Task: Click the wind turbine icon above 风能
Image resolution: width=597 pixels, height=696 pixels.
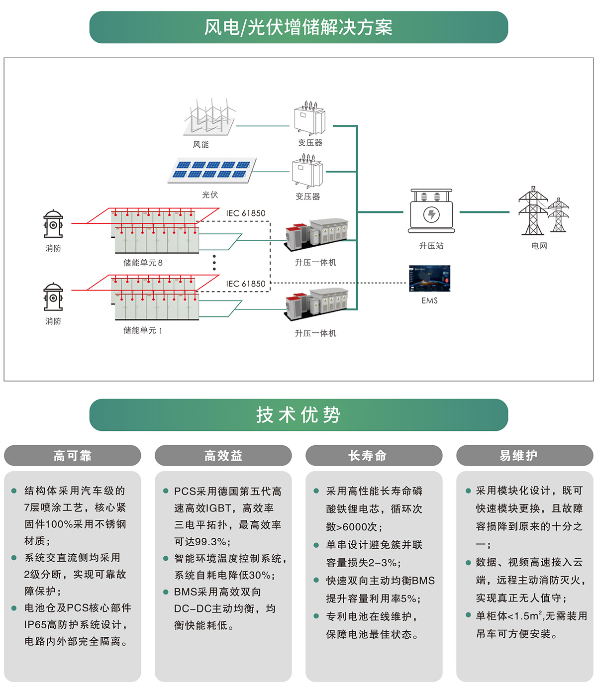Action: (210, 117)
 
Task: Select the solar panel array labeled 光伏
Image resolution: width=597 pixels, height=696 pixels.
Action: (212, 170)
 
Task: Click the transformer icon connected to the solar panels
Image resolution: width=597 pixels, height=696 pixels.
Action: (307, 171)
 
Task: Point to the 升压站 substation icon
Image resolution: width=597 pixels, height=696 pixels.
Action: (431, 211)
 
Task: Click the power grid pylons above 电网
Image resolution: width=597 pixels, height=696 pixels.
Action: (542, 211)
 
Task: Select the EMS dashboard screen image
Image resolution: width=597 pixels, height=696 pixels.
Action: (429, 279)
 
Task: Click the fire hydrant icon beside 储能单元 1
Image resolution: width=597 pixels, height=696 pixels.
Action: (53, 297)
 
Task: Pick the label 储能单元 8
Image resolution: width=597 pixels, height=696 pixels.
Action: (143, 263)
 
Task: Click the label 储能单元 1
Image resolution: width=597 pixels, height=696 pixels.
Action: (143, 330)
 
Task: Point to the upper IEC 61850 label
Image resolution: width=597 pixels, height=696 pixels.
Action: (246, 213)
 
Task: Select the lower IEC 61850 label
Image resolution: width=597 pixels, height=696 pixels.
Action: (246, 284)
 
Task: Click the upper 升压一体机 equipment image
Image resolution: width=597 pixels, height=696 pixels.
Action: (316, 234)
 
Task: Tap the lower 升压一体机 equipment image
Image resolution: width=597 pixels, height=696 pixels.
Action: (316, 304)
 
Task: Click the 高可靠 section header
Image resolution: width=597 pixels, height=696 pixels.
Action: (73, 456)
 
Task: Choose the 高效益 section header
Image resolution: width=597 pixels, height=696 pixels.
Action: (223, 456)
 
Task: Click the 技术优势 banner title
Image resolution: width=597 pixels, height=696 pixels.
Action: (298, 415)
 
